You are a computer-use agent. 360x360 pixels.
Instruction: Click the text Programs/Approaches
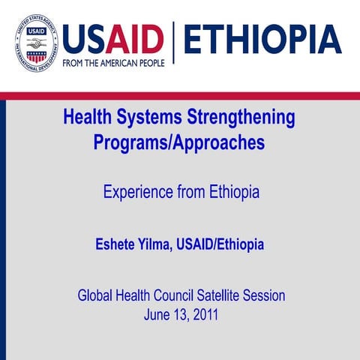(179, 142)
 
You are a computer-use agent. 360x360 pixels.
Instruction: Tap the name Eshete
(117, 244)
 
